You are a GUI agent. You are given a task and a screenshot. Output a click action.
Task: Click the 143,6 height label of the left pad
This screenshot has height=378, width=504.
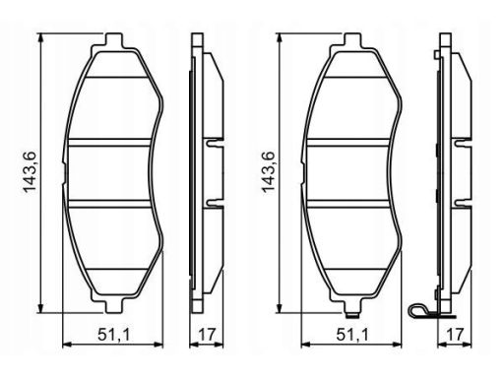(x=29, y=172)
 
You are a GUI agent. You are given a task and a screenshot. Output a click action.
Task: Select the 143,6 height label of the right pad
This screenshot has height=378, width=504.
(x=267, y=172)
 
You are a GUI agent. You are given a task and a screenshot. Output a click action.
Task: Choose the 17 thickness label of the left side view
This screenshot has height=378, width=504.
(x=207, y=335)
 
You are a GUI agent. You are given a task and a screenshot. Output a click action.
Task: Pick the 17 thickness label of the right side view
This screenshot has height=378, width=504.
(x=456, y=335)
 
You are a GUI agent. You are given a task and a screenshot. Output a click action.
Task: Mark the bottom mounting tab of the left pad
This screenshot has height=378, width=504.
(x=114, y=305)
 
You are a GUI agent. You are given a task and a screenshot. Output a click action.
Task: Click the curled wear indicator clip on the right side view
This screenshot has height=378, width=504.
(x=418, y=310)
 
